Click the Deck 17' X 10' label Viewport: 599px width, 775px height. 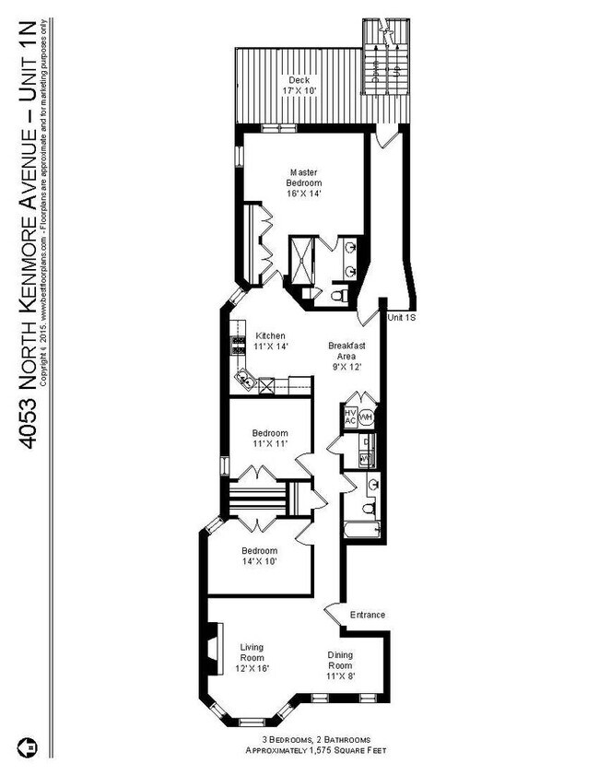(298, 86)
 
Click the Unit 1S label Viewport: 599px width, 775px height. (400, 317)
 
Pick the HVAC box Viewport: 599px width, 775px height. (350, 416)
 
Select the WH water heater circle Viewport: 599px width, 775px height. (366, 417)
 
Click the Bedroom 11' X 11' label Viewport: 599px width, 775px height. (270, 439)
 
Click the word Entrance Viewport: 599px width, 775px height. (367, 615)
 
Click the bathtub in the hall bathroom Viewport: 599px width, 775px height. (362, 531)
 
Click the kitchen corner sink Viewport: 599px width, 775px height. (246, 378)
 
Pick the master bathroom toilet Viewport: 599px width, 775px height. (338, 295)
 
